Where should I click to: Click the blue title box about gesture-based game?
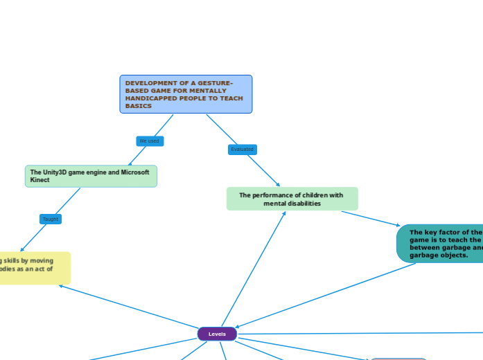tap(186, 94)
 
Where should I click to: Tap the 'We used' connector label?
tap(150, 141)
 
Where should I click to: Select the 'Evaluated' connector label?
tap(243, 150)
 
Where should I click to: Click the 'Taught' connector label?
tap(51, 219)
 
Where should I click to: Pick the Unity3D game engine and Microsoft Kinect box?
tap(91, 176)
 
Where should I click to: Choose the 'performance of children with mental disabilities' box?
tap(292, 199)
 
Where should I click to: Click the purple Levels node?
tap(217, 334)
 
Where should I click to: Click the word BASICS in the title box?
tap(139, 106)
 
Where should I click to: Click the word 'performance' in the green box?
tap(271, 195)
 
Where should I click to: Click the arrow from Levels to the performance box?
tap(253, 270)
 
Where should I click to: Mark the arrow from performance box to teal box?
tap(371, 219)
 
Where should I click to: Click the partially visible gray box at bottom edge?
tap(398, 359)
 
